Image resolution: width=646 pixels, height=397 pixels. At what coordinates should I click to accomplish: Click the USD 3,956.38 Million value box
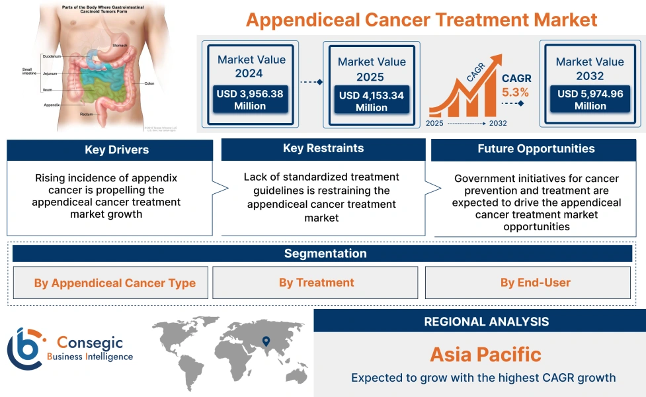pyautogui.click(x=250, y=100)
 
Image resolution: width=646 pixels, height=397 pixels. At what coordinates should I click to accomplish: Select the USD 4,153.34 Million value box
pyautogui.click(x=371, y=101)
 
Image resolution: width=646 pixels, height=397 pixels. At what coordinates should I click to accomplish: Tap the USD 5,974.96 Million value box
pyautogui.click(x=590, y=100)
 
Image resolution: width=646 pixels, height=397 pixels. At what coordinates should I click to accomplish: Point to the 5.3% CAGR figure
pyautogui.click(x=515, y=92)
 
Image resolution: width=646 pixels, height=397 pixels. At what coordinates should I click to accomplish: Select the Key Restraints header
pyautogui.click(x=323, y=149)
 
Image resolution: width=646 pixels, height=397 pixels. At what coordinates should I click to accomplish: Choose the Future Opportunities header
pyautogui.click(x=536, y=149)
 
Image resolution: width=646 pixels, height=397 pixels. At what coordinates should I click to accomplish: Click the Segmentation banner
pyautogui.click(x=325, y=253)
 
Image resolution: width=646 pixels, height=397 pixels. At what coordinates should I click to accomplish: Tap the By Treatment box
pyautogui.click(x=316, y=283)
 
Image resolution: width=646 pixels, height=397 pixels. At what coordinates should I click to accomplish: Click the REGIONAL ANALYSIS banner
pyautogui.click(x=486, y=322)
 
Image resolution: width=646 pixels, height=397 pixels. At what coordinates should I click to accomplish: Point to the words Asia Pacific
pyautogui.click(x=485, y=354)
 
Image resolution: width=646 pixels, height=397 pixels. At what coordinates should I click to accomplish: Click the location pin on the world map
pyautogui.click(x=266, y=341)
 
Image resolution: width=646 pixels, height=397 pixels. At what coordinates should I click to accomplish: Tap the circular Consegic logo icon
pyautogui.click(x=24, y=349)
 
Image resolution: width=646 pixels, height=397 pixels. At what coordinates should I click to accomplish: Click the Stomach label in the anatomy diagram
pyautogui.click(x=120, y=46)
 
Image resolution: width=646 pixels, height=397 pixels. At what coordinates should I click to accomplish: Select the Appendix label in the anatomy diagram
pyautogui.click(x=52, y=105)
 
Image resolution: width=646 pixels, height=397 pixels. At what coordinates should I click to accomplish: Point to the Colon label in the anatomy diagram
pyautogui.click(x=149, y=83)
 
